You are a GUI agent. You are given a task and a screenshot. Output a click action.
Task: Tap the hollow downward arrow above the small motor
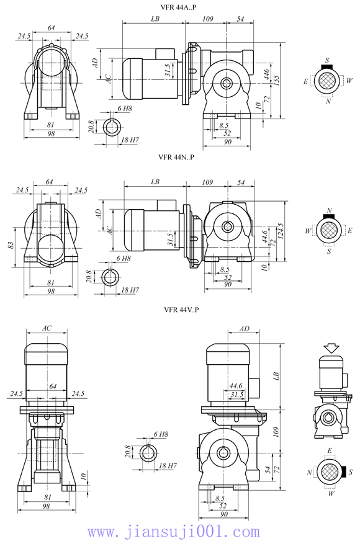(x=331, y=349)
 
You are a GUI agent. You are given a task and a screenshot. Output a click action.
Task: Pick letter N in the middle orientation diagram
(x=330, y=210)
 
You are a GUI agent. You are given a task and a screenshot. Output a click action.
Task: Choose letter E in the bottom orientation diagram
(x=329, y=450)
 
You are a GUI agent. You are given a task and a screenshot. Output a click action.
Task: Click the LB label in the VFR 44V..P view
(x=276, y=376)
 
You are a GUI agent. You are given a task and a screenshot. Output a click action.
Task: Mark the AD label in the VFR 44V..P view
(x=245, y=328)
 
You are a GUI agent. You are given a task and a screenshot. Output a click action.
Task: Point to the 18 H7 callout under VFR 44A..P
(x=130, y=140)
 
